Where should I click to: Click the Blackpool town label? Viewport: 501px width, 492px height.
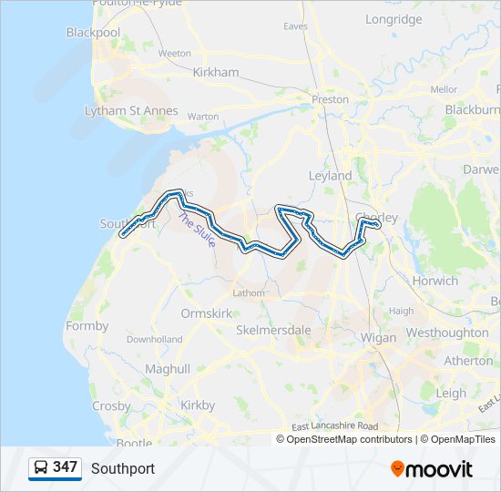tap(93, 33)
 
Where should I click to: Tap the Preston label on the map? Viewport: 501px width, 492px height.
tap(330, 99)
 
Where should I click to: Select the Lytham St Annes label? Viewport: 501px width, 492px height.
tap(131, 111)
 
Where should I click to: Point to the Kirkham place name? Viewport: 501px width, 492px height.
tap(216, 72)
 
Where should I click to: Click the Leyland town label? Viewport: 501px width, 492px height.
tap(330, 175)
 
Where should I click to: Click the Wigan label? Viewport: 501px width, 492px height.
tap(378, 338)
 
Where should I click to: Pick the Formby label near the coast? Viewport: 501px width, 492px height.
tap(87, 326)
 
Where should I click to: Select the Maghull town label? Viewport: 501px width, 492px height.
tap(168, 369)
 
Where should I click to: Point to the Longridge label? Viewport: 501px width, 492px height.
tap(394, 19)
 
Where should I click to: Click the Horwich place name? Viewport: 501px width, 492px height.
tap(435, 281)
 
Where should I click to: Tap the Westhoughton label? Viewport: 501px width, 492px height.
tap(446, 333)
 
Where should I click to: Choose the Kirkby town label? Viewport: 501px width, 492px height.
tap(198, 405)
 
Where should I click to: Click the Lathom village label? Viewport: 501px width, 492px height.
tap(249, 293)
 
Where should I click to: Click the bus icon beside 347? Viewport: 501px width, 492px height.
tap(41, 467)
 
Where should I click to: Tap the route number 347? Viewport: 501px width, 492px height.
tap(65, 467)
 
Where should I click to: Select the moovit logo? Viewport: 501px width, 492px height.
tap(432, 469)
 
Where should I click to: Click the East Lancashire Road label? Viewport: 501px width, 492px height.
tap(334, 426)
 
